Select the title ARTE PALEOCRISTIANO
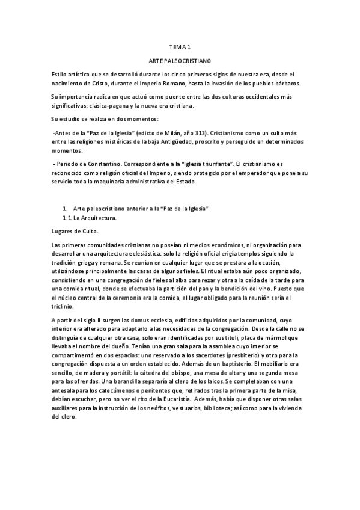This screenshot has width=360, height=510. [x=180, y=61]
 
